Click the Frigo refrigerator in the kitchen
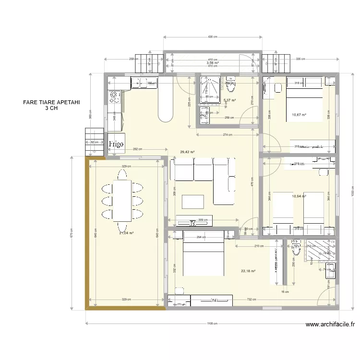pyautogui.click(x=116, y=144)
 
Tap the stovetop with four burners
pyautogui.click(x=115, y=97)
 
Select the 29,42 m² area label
pyautogui.click(x=187, y=152)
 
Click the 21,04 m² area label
pyautogui.click(x=126, y=233)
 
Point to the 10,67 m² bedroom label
pyautogui.click(x=299, y=115)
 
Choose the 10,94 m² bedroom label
pyautogui.click(x=299, y=196)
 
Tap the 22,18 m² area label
pyautogui.click(x=248, y=271)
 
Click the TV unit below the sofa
pyautogui.click(x=192, y=222)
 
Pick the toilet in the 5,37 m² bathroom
pyautogui.click(x=230, y=85)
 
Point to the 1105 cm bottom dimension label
pyautogui.click(x=212, y=324)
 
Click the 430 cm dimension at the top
pyautogui.click(x=212, y=37)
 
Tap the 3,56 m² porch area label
pyautogui.click(x=212, y=63)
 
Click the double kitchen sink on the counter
pyautogui.click(x=142, y=84)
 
